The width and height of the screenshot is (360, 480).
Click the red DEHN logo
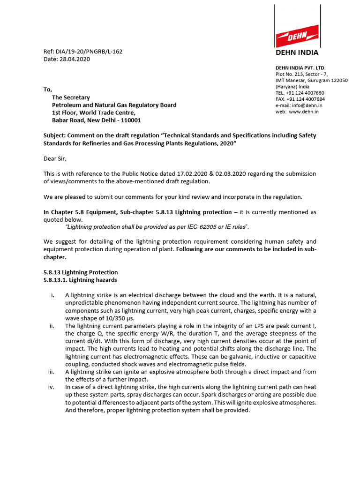(297, 36)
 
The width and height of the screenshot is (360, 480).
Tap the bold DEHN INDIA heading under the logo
(297, 52)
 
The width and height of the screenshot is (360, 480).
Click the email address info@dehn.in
(306, 105)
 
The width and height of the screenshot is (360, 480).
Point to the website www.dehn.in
(304, 112)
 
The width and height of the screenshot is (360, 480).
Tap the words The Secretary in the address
(71, 97)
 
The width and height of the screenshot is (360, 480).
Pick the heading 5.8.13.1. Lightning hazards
(80, 280)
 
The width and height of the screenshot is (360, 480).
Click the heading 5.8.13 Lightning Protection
(81, 272)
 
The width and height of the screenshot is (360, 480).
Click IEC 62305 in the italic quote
(190, 227)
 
